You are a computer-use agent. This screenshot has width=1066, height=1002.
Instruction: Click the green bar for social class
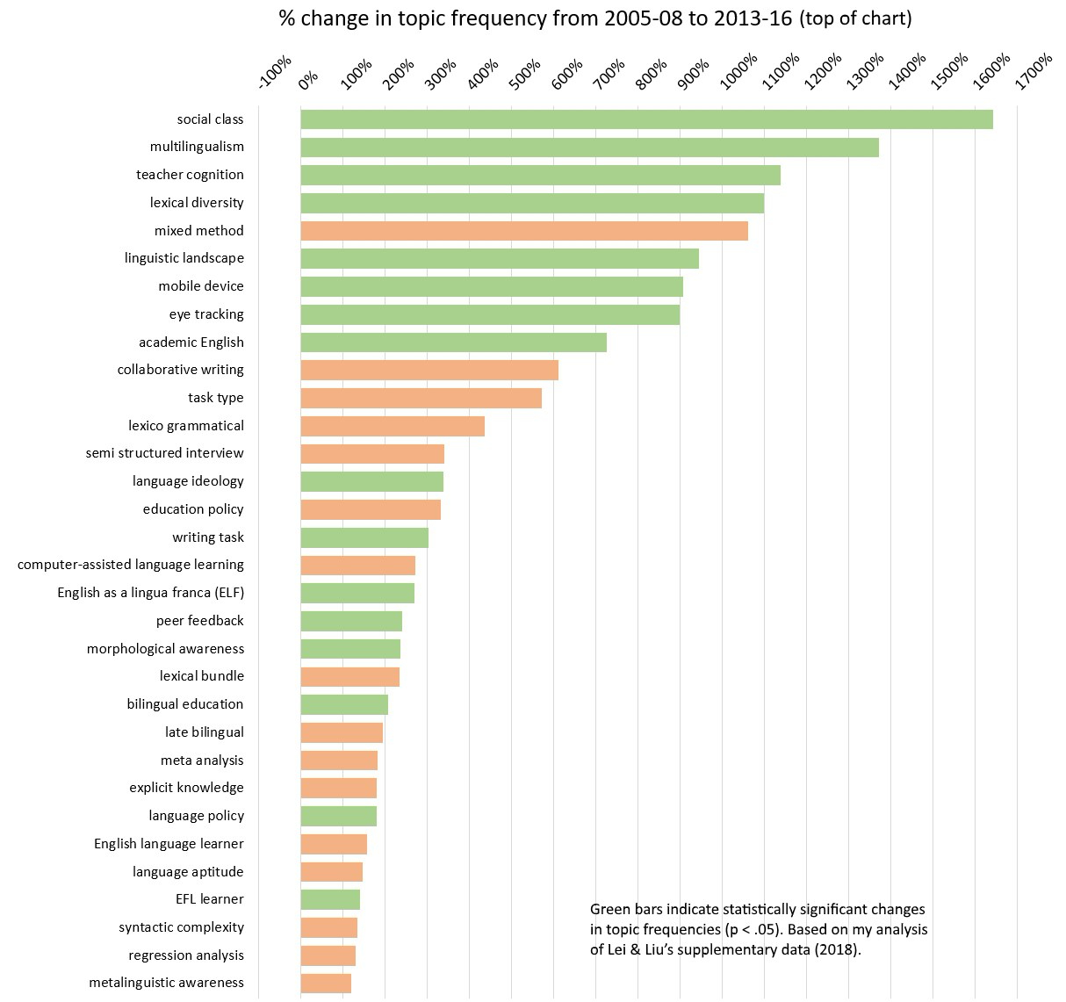646,119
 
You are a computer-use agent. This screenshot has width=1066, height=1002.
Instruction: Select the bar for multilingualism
589,148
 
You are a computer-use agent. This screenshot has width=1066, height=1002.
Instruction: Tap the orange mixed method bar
524,231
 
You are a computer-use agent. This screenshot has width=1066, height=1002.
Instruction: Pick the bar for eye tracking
490,314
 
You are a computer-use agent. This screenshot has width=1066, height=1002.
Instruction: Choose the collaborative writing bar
429,370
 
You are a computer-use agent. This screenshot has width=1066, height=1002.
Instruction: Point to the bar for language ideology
371,481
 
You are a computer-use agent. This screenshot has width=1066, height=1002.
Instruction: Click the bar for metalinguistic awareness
326,984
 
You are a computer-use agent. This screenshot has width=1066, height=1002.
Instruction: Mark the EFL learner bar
330,899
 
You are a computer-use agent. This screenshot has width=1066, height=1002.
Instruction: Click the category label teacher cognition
190,175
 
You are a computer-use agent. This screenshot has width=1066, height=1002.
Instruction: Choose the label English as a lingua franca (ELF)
151,593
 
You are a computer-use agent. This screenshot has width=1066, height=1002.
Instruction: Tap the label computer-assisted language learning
131,565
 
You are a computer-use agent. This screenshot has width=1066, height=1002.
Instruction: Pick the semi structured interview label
165,453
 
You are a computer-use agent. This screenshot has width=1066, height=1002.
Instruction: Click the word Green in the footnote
609,910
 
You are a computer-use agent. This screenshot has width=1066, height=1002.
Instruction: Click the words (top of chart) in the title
855,18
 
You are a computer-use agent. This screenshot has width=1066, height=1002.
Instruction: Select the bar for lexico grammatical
393,426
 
